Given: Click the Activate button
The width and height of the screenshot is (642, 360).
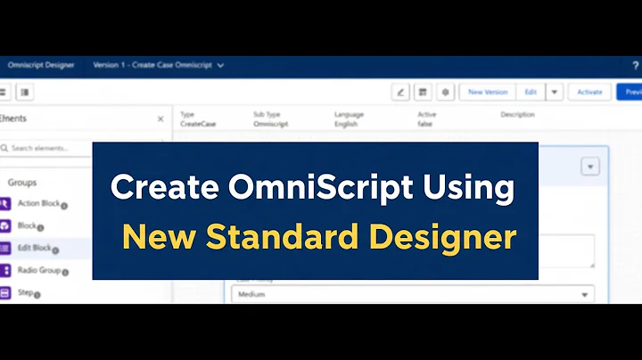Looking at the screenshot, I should pyautogui.click(x=589, y=92).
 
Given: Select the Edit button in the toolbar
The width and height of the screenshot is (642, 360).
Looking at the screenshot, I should pyautogui.click(x=531, y=92).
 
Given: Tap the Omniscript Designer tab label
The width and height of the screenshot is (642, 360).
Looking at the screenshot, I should pyautogui.click(x=41, y=65).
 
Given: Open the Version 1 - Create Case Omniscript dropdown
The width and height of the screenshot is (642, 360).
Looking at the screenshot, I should pyautogui.click(x=158, y=65).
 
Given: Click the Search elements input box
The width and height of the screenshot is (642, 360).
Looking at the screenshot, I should pyautogui.click(x=49, y=148).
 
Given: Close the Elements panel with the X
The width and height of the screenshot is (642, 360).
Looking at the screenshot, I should pyautogui.click(x=160, y=119).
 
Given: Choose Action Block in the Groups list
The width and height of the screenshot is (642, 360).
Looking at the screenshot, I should pyautogui.click(x=39, y=204).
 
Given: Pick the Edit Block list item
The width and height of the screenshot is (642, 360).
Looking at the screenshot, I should pyautogui.click(x=37, y=249).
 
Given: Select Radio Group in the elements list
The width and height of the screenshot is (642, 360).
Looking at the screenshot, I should pyautogui.click(x=41, y=270).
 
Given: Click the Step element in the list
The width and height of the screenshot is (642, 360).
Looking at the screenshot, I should pyautogui.click(x=27, y=292).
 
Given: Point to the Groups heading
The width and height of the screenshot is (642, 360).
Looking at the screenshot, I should pyautogui.click(x=22, y=182).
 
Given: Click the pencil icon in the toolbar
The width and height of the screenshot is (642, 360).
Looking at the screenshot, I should pyautogui.click(x=400, y=92).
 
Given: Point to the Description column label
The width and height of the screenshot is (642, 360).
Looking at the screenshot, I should pyautogui.click(x=517, y=115).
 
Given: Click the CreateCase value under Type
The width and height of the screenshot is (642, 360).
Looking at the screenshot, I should pyautogui.click(x=194, y=126).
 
